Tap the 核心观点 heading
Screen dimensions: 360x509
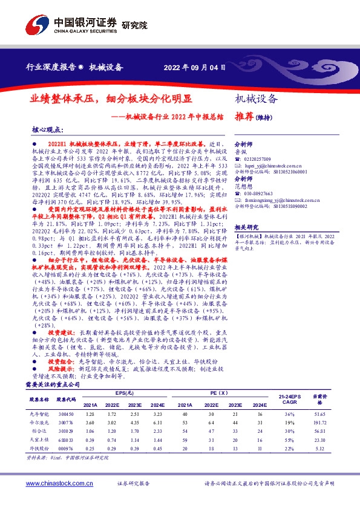click(47, 130)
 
